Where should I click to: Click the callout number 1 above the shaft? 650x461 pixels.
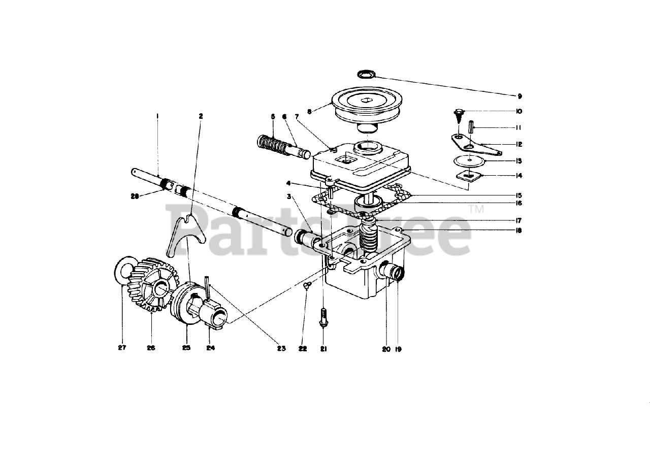pos(157,116)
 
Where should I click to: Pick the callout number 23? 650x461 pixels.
pos(281,348)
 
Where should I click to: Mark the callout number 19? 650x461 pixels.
pos(398,349)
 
